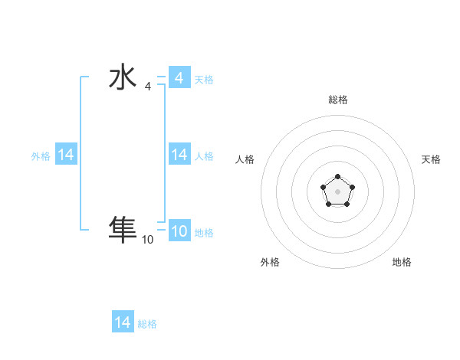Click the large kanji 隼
pyautogui.click(x=123, y=229)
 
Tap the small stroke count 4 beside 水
pyautogui.click(x=148, y=86)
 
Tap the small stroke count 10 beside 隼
pyautogui.click(x=147, y=239)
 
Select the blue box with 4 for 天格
pyautogui.click(x=179, y=78)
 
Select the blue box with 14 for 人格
pyautogui.click(x=179, y=155)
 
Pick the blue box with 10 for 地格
pyautogui.click(x=179, y=231)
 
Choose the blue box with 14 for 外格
pyautogui.click(x=66, y=155)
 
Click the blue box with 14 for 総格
pyautogui.click(x=123, y=322)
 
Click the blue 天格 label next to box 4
pyautogui.click(x=204, y=80)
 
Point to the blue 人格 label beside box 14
pyautogui.click(x=204, y=156)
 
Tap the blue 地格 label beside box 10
pyautogui.click(x=204, y=233)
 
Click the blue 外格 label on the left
pyautogui.click(x=41, y=156)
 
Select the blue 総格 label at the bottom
pyautogui.click(x=147, y=324)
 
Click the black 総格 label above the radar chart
pyautogui.click(x=337, y=100)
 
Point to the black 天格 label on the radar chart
pyautogui.click(x=431, y=159)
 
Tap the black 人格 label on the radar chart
pyautogui.click(x=245, y=159)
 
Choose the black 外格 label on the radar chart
pyautogui.click(x=270, y=262)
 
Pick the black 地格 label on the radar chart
pyautogui.click(x=402, y=262)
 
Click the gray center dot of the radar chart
pyautogui.click(x=337, y=191)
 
